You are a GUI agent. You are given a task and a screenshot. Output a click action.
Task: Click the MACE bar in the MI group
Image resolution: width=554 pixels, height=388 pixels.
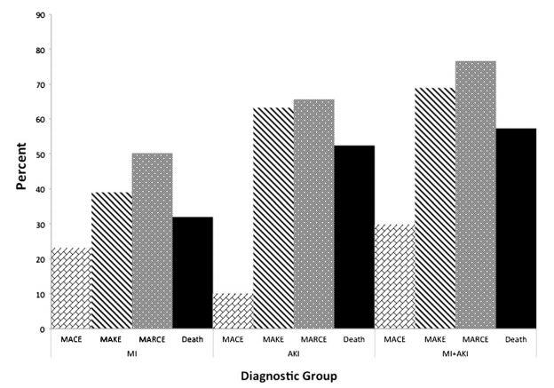[71, 289]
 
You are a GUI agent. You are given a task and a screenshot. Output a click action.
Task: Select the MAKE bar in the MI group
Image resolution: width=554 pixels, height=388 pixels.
[112, 261]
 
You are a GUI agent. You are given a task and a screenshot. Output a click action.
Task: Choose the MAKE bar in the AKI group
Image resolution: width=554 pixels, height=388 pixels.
[273, 218]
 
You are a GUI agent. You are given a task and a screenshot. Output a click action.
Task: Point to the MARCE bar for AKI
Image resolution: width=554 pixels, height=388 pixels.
[314, 214]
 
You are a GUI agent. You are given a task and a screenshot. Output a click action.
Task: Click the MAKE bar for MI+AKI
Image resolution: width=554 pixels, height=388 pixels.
[436, 209]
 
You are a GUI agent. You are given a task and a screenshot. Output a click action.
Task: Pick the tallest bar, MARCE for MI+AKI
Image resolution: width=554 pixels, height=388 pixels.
[477, 195]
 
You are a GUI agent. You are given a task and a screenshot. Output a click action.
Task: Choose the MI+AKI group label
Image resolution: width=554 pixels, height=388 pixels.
[456, 352]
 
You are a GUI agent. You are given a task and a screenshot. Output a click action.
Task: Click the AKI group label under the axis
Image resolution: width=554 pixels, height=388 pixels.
[294, 352]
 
